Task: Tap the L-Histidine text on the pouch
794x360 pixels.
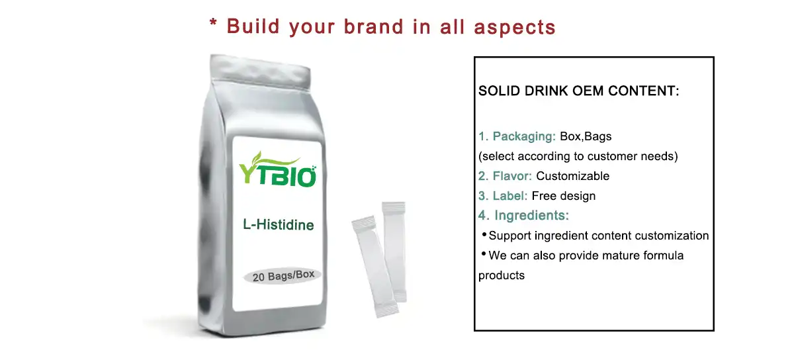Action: [x=278, y=225]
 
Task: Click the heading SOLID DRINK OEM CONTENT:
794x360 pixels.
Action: [x=578, y=91]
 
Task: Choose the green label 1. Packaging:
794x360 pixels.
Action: [x=517, y=137]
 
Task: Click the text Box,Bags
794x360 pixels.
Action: [x=586, y=137]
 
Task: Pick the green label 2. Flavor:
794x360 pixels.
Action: [x=506, y=176]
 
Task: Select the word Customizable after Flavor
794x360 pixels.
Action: [x=572, y=176]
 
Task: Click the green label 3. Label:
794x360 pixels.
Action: [x=503, y=196]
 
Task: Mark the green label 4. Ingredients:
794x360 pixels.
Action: [x=523, y=216]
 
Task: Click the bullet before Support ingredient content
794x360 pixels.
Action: [x=484, y=235]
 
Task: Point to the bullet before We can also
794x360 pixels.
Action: [x=484, y=254]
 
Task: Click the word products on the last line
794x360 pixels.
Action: [x=501, y=275]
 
